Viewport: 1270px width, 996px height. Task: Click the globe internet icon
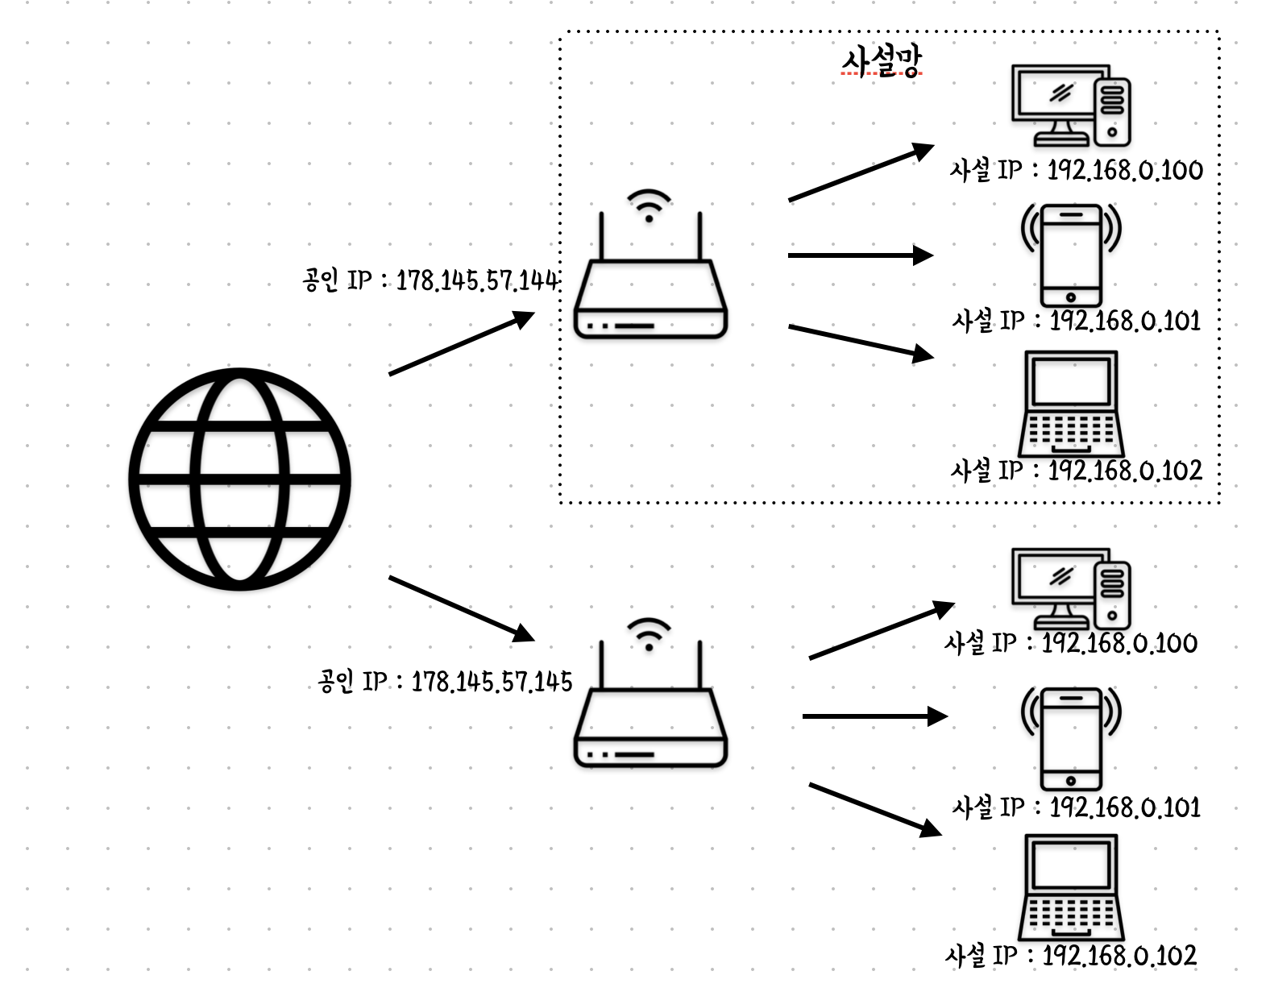coord(239,479)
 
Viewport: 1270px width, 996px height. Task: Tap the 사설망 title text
coord(881,61)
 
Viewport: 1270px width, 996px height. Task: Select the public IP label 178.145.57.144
coord(430,280)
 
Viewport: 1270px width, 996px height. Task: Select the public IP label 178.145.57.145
coord(445,682)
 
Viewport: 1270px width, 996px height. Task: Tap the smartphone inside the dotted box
coord(1071,255)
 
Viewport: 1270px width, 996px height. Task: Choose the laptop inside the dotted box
coord(1071,404)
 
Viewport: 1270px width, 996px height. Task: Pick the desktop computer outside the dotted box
coord(1071,589)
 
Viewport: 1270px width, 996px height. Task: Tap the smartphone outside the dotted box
coord(1071,738)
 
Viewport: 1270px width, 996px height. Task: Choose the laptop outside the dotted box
coord(1071,887)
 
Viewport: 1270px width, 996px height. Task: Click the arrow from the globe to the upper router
coord(461,344)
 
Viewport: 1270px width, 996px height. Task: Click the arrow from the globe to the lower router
coord(461,608)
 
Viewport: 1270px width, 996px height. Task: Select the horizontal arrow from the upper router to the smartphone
coord(859,255)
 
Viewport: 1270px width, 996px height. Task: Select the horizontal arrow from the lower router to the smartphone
coord(874,716)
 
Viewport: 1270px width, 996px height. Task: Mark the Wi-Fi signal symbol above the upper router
coord(649,205)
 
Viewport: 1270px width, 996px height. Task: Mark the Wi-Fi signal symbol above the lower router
coord(649,633)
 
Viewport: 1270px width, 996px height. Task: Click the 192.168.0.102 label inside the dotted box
coord(1077,471)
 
